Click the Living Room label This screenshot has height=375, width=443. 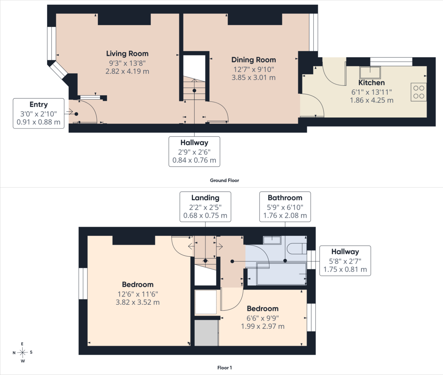(x=127, y=53)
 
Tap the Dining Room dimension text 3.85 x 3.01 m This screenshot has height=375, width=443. (x=254, y=78)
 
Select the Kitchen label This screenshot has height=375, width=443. (x=371, y=83)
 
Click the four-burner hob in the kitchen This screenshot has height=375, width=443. (x=419, y=92)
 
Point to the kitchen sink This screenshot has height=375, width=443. (x=370, y=73)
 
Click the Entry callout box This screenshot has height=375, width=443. (x=39, y=113)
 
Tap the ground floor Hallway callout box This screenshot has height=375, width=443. (x=194, y=151)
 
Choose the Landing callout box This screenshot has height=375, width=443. (x=205, y=207)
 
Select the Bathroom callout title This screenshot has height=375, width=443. (x=285, y=198)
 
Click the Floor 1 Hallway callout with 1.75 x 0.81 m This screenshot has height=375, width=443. (x=345, y=261)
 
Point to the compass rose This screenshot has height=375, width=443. (x=23, y=352)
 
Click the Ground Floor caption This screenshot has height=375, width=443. (x=225, y=180)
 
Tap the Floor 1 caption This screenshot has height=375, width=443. (x=225, y=368)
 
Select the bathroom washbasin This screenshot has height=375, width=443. (x=272, y=240)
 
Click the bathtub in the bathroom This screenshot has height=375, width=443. (x=281, y=274)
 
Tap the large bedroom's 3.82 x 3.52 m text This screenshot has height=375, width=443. (x=138, y=302)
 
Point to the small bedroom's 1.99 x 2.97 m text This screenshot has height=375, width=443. (x=263, y=326)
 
